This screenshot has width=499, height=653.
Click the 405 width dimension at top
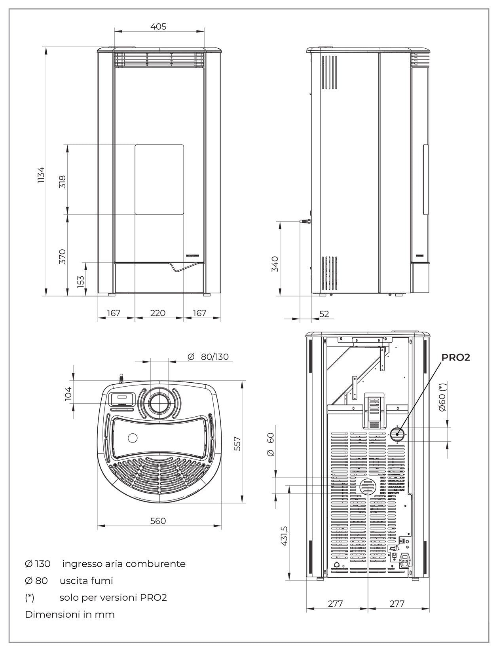158,27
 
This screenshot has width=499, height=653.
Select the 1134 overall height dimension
41,175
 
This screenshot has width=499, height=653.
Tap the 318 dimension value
62,181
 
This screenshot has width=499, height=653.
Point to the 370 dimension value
62,256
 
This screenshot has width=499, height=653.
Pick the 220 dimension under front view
157,313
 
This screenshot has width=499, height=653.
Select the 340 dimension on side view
275,264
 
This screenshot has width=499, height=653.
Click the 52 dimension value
324,314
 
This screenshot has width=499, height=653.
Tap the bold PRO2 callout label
455,357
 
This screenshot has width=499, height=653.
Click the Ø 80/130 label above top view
208,357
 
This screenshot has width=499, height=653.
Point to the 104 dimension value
68,394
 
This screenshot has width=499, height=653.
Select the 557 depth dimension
237,443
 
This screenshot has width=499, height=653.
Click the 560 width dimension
158,521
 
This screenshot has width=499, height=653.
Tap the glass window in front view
159,180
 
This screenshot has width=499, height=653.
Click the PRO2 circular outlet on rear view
397,435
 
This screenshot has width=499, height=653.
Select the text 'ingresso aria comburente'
123,564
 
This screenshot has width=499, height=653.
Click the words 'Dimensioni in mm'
70,615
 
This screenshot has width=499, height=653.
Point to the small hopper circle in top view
132,438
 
